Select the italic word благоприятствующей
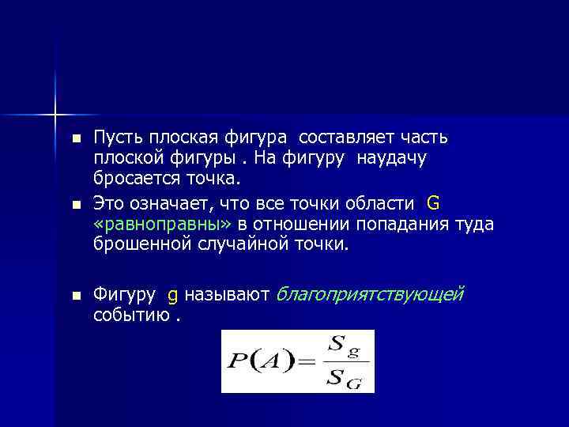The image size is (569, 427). pyautogui.click(x=368, y=295)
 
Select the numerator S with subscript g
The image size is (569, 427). pyautogui.click(x=341, y=346)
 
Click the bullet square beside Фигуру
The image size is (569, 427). pyautogui.click(x=76, y=296)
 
